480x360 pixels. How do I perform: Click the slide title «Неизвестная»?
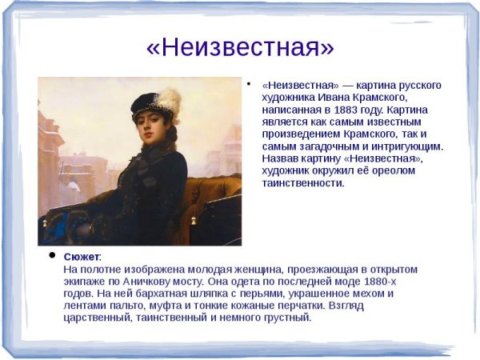point(240,47)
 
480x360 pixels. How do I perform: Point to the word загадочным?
point(329,146)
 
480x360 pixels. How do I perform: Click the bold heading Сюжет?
point(82,257)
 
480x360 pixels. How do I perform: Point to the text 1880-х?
point(378,281)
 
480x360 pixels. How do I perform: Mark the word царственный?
point(98,317)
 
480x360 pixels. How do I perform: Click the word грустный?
point(286,317)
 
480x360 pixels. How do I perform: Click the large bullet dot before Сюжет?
point(52,256)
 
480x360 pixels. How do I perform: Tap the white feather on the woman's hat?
point(169,100)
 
